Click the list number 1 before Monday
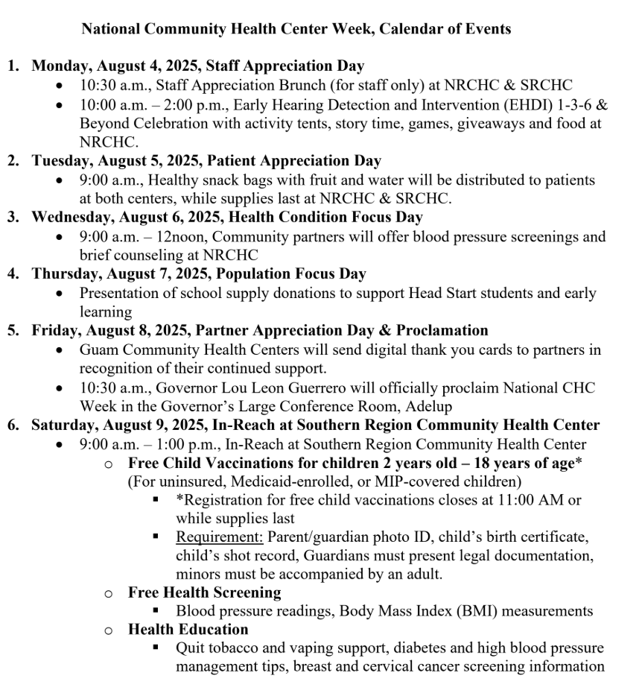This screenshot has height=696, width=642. [13, 66]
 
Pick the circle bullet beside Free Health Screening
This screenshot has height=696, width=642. [109, 593]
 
